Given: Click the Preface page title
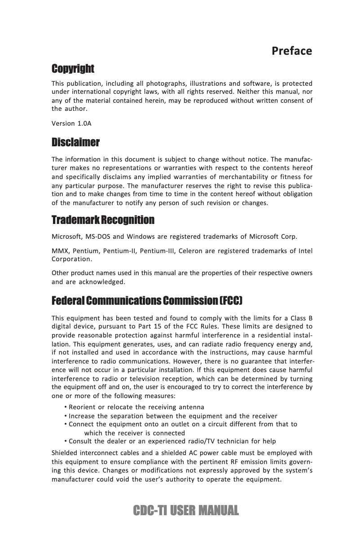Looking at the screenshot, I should pos(292,51).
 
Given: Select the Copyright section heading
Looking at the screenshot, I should pos(73,69).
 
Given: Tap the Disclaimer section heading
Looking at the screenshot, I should pos(75,143).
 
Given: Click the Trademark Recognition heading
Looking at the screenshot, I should pos(103,220).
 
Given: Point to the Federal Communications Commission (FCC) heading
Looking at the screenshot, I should pos(147,300).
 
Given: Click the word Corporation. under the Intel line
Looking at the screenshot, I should pos(72,259).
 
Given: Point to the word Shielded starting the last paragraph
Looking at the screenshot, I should pos(66,452).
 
